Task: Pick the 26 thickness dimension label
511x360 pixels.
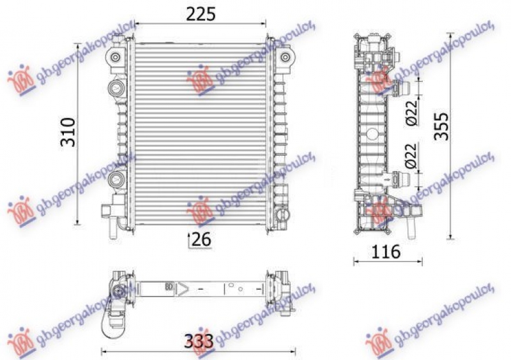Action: coord(201,239)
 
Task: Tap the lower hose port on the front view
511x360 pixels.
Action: coord(116,178)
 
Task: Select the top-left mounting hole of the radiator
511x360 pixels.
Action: coord(115,59)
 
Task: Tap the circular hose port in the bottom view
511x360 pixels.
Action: coord(118,292)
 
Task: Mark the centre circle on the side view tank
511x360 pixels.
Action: coord(371,135)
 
